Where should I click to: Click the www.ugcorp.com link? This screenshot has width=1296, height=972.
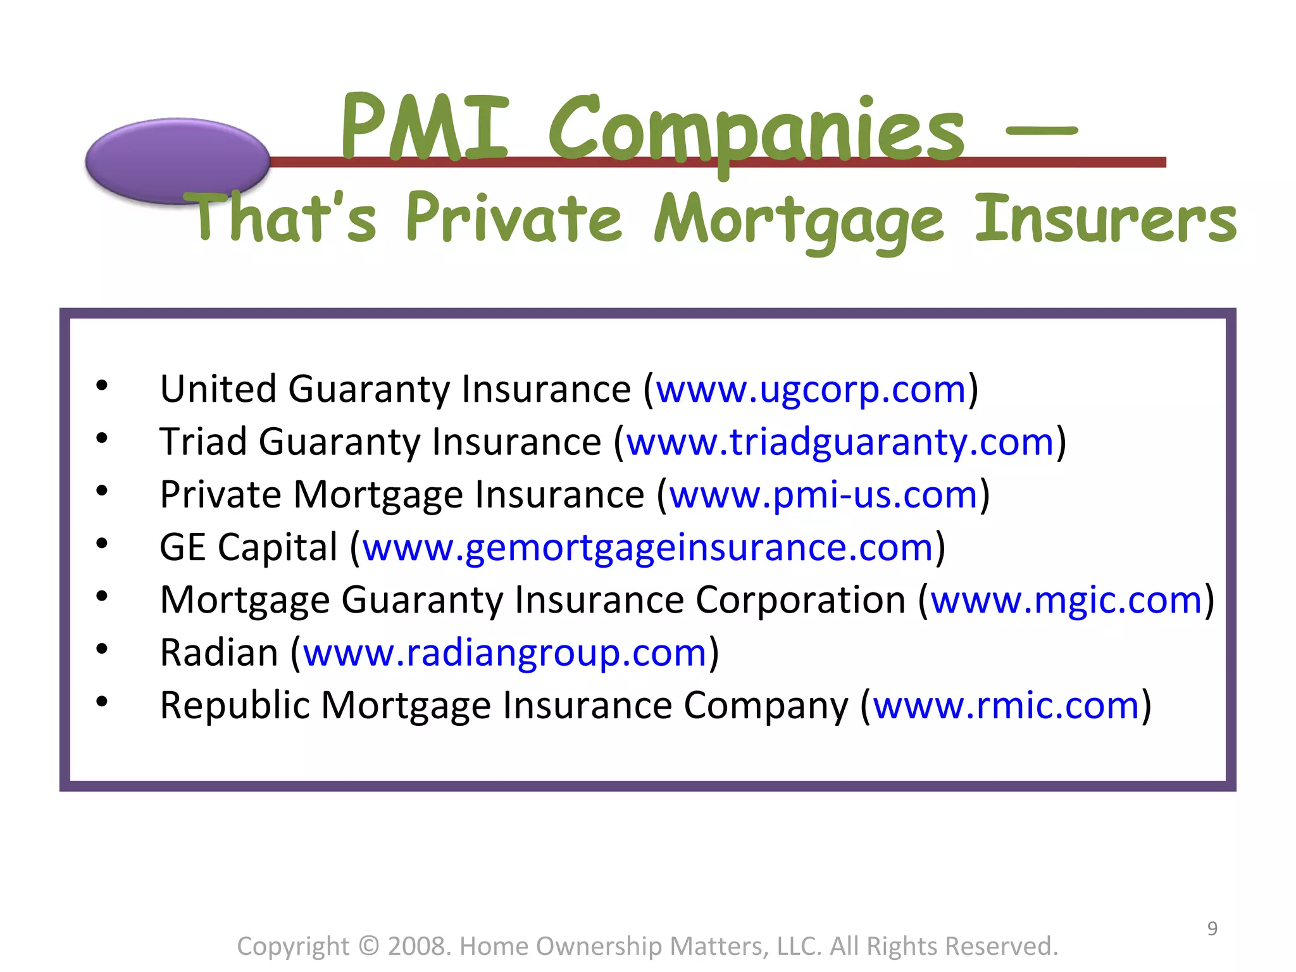(811, 389)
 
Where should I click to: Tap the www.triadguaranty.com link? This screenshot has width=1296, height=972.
(840, 442)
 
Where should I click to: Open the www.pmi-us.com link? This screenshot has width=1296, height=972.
(824, 495)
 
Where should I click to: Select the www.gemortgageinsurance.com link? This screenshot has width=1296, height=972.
(648, 547)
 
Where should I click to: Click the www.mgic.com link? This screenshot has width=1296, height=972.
(1066, 600)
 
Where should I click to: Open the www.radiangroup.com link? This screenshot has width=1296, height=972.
(504, 653)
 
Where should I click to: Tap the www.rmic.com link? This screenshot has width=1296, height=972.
(1006, 706)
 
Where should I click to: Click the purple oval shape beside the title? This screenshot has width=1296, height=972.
(177, 160)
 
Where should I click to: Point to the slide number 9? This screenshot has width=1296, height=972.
(1212, 928)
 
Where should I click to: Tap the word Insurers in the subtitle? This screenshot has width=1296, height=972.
(1105, 219)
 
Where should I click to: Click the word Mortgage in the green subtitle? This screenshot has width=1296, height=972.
(799, 221)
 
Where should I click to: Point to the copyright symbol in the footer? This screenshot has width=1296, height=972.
(368, 946)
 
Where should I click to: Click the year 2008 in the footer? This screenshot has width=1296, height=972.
(418, 946)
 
